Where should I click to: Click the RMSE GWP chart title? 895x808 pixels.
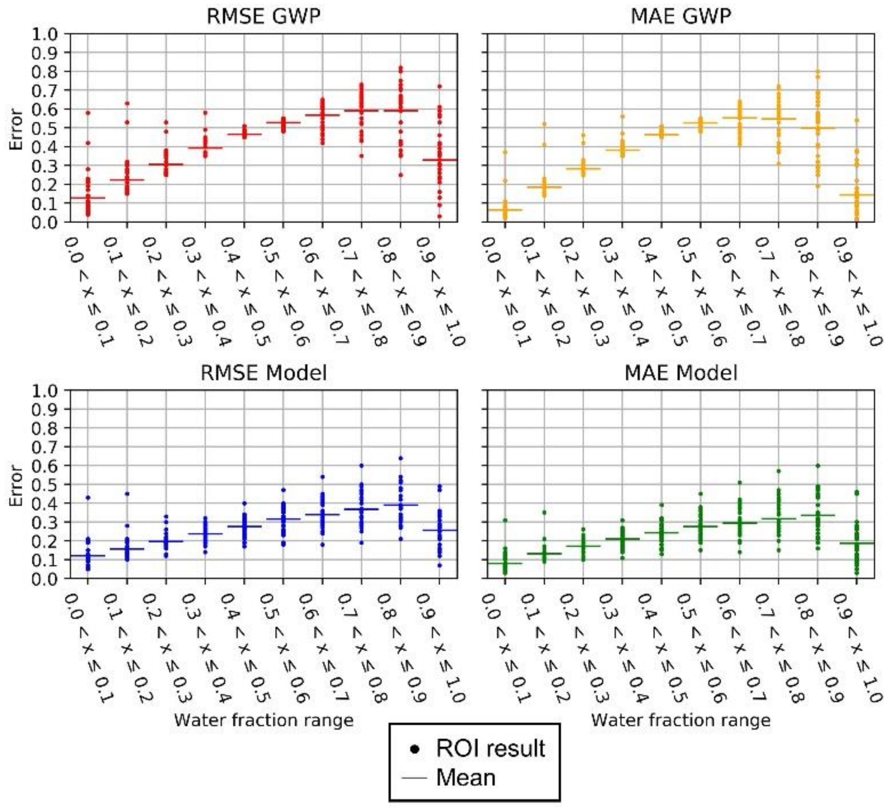point(263,17)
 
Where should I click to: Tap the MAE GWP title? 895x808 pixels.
point(681,17)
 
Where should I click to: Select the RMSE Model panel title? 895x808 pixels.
point(263,373)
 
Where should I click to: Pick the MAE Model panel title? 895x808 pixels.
point(681,373)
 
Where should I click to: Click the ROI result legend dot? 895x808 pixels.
point(415,749)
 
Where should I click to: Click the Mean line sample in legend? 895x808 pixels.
point(414,778)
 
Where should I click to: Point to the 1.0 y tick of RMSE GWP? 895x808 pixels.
point(44,34)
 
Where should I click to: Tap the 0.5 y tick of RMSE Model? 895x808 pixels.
point(44,485)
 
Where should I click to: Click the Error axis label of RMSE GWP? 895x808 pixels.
point(16,130)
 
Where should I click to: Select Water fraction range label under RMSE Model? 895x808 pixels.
point(263,720)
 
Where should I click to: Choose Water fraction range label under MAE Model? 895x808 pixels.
point(681,720)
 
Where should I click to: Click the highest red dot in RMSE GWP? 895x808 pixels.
point(401,68)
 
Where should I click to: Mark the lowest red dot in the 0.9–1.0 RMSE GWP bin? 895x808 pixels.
point(439,216)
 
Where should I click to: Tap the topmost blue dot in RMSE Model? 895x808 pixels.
point(401,458)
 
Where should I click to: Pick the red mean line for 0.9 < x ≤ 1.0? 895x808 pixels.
point(439,160)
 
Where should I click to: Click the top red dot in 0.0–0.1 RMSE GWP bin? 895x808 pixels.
point(88,113)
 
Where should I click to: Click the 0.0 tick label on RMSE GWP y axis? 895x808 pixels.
point(44,222)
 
